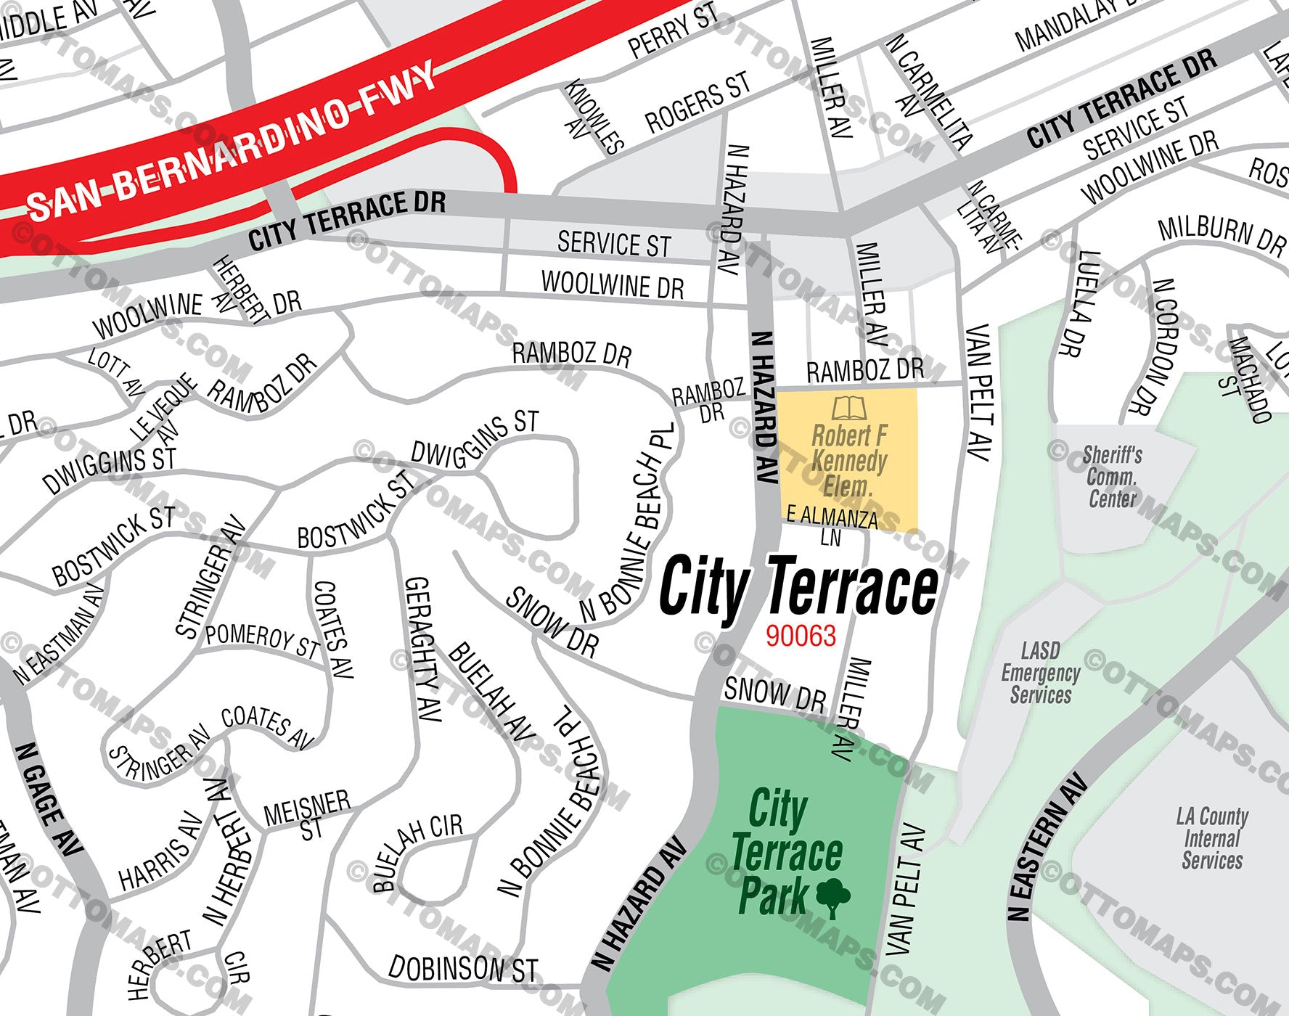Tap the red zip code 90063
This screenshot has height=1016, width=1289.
pyautogui.click(x=801, y=636)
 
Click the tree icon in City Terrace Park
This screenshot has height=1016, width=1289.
pyautogui.click(x=833, y=897)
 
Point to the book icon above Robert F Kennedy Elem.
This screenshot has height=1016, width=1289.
pyautogui.click(x=848, y=408)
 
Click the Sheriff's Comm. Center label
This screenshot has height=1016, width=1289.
pyautogui.click(x=1112, y=477)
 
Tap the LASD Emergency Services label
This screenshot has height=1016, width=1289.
pyautogui.click(x=1040, y=673)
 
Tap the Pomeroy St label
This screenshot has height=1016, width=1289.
pyautogui.click(x=262, y=639)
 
